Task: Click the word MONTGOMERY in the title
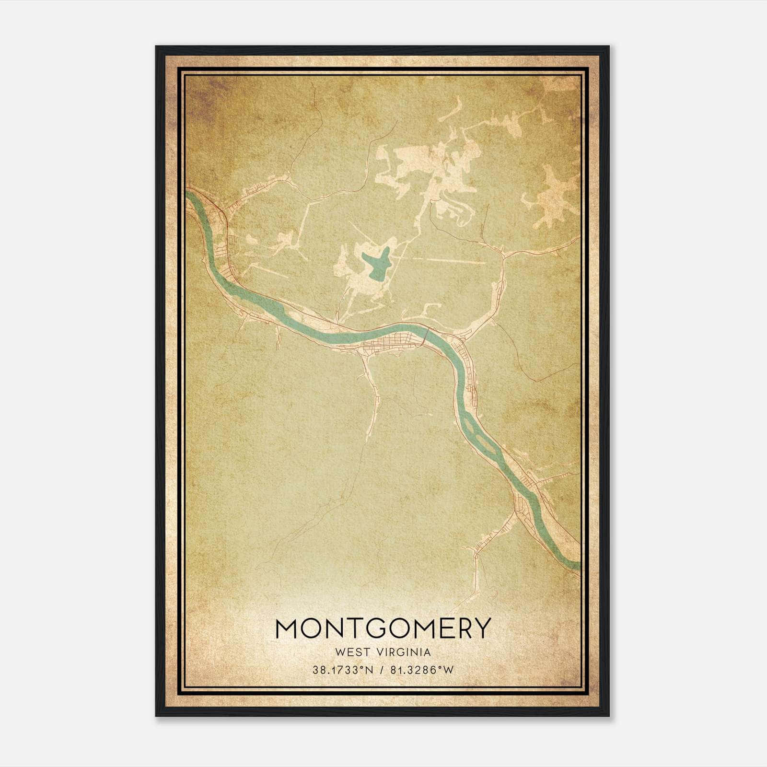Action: [383, 628]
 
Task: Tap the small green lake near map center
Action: [377, 267]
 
